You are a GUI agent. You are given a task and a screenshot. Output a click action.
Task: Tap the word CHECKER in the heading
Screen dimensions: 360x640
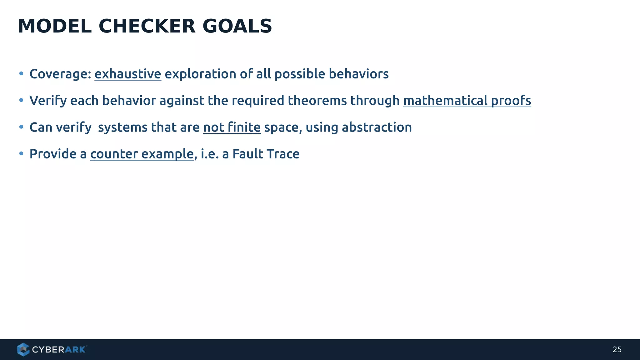point(147,26)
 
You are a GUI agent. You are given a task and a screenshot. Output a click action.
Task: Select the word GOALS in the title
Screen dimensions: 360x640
point(237,26)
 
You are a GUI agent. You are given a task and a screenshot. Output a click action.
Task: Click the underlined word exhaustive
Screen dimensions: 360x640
point(128,74)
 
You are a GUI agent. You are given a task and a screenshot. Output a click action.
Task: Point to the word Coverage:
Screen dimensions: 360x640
point(60,74)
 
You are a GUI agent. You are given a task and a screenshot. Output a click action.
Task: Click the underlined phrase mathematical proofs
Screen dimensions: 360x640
point(467,101)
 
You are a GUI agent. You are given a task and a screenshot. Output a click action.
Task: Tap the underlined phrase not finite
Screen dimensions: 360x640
point(232,127)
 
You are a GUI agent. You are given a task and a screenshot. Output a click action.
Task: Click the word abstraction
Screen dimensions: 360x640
point(377,127)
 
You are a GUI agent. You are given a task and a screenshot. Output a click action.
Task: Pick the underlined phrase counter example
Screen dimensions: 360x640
point(142,154)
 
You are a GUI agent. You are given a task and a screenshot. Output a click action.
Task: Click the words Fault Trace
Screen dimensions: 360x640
point(266,154)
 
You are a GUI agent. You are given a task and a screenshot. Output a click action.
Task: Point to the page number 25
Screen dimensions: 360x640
point(617,349)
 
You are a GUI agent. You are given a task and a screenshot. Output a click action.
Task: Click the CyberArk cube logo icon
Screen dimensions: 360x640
point(23,349)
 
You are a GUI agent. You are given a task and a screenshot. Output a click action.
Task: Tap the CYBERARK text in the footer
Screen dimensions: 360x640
point(59,349)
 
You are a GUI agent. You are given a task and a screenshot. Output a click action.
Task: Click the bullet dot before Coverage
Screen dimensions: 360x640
point(21,74)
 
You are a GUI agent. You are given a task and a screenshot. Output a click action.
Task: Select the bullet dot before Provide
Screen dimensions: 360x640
point(21,153)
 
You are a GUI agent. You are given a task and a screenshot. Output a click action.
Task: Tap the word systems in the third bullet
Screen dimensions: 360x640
point(122,127)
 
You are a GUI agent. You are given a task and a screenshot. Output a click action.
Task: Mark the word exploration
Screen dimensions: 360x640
point(200,74)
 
